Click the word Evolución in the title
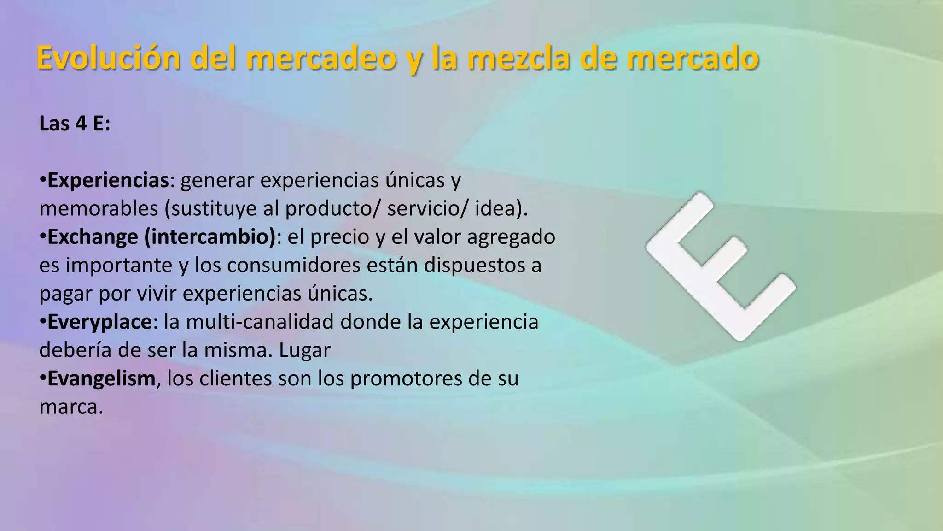coord(109,58)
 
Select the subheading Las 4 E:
coord(75,124)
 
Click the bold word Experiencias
coord(108,180)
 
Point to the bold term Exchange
coord(93,237)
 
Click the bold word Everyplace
coord(99,322)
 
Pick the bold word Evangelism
coord(101,378)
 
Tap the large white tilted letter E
coord(721,266)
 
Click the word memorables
coord(99,209)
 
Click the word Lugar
coord(305,350)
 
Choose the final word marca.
coord(71,407)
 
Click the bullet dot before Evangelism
coord(42,378)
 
